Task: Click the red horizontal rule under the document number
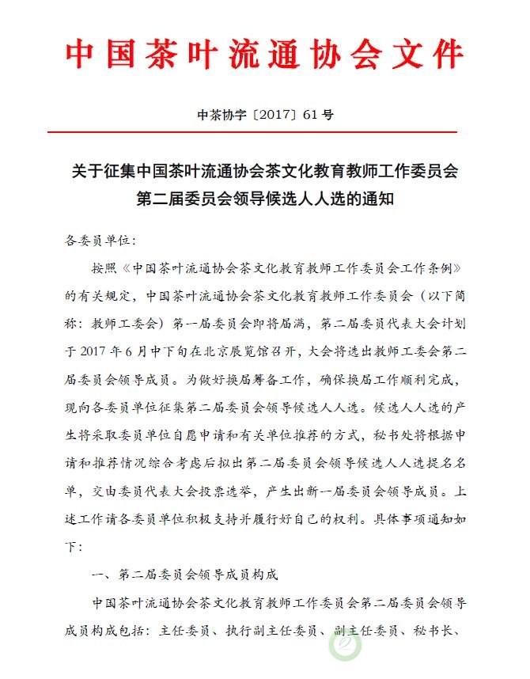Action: [x=264, y=131]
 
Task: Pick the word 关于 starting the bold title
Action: [x=87, y=171]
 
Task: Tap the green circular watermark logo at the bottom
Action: [x=345, y=646]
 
